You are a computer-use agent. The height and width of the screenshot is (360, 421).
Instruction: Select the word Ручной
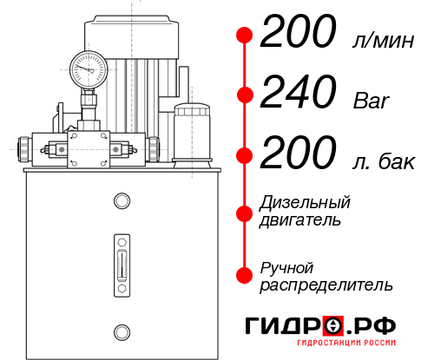(x=286, y=266)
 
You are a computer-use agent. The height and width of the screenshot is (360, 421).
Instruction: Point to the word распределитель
(x=326, y=284)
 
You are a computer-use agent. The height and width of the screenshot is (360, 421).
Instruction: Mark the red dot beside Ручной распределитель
(x=245, y=274)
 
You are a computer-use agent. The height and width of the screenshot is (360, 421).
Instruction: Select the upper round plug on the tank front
(x=121, y=201)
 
